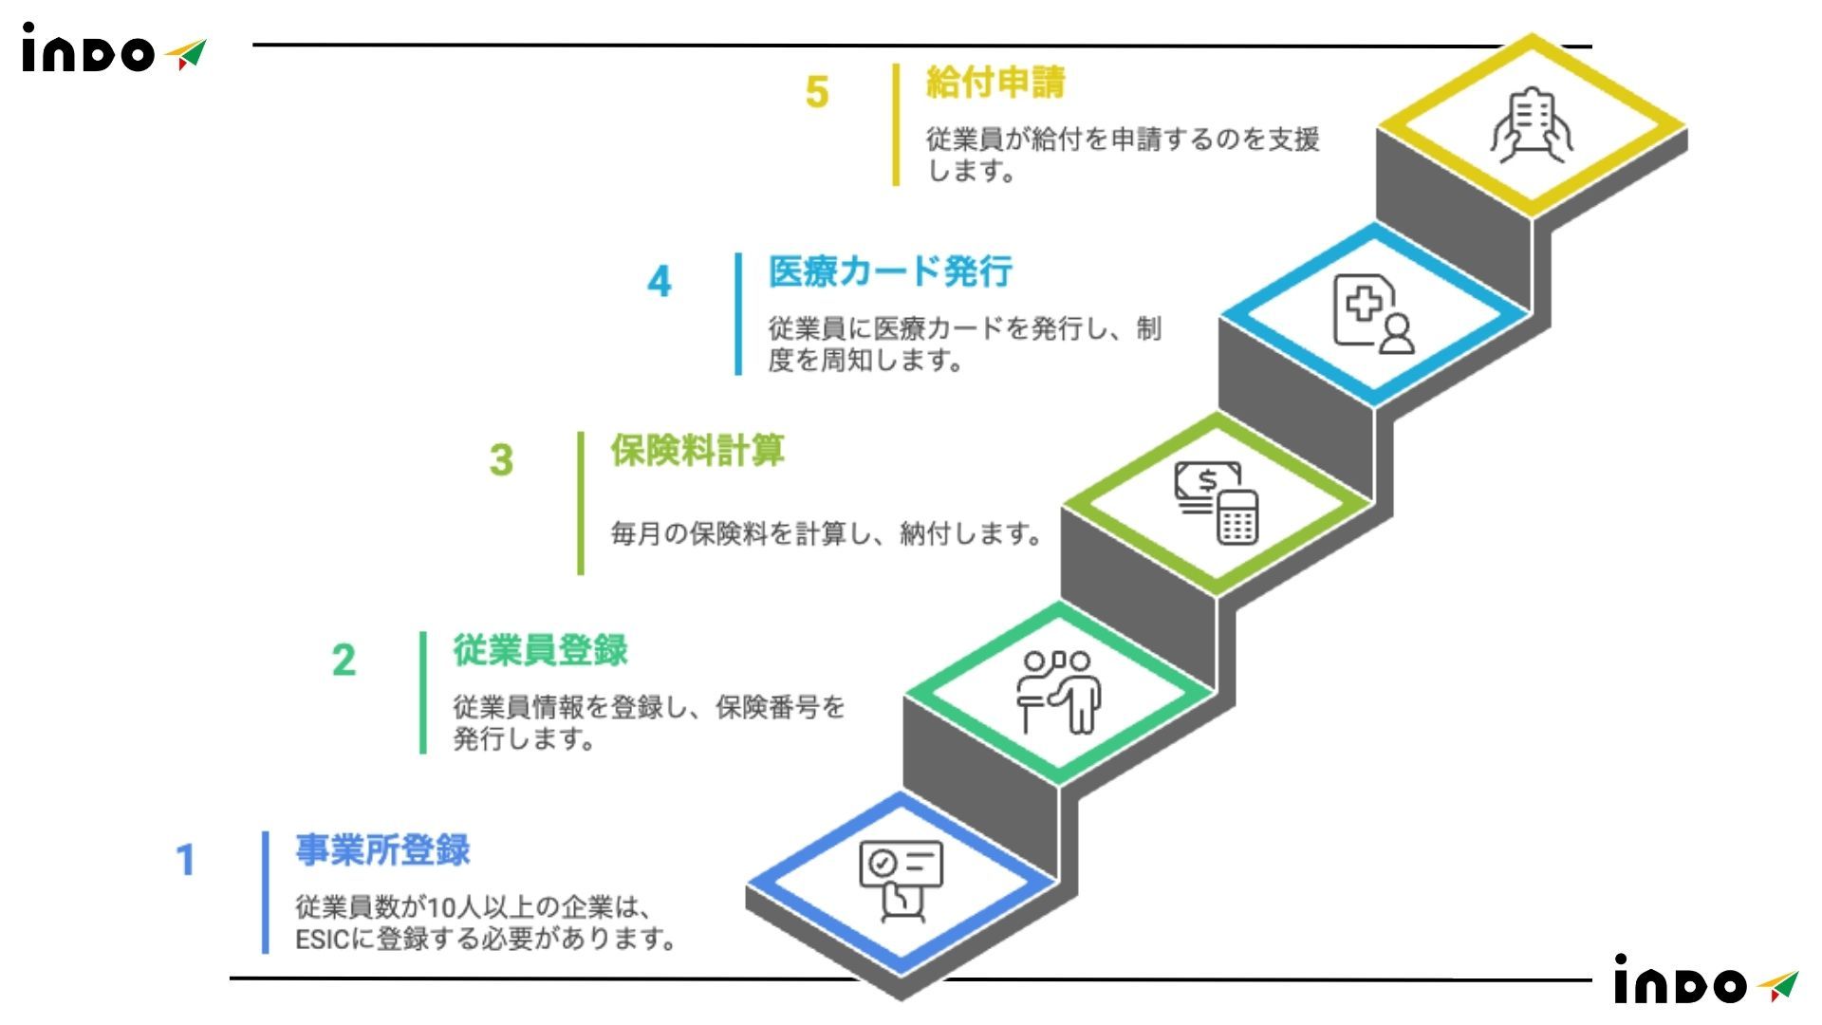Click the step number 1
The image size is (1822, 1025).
(186, 860)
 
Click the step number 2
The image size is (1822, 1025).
(344, 660)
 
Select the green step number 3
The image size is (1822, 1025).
(501, 460)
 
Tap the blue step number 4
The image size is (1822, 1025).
(660, 281)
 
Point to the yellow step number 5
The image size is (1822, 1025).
(817, 92)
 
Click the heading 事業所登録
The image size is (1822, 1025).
(382, 849)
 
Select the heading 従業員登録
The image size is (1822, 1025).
(540, 650)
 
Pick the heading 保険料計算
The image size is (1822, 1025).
(697, 450)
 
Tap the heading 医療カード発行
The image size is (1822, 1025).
(890, 271)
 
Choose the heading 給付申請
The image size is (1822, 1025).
(995, 83)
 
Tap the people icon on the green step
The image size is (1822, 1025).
(1059, 691)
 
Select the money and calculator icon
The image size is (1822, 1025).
(1217, 502)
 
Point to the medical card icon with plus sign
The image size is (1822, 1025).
(1373, 313)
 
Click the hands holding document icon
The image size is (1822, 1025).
(1531, 124)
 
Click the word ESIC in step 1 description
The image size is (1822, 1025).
(323, 940)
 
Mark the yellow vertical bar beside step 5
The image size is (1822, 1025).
(896, 124)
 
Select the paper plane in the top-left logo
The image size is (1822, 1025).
(187, 54)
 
